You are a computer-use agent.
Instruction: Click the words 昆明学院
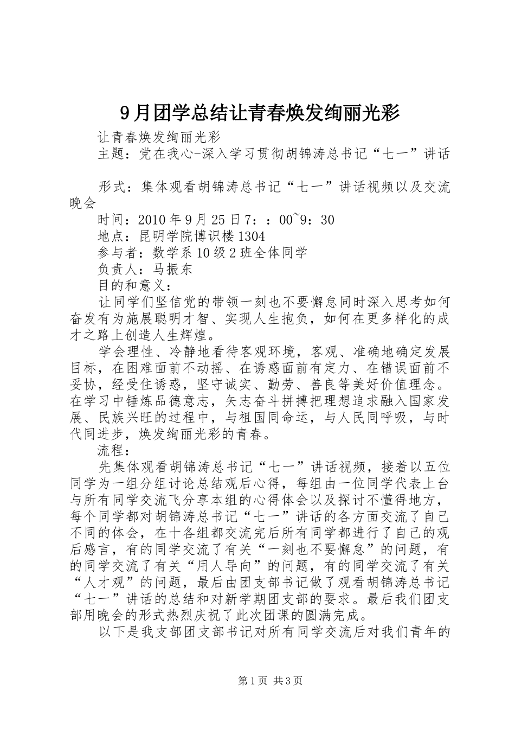(x=166, y=236)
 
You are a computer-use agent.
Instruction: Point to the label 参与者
(x=117, y=253)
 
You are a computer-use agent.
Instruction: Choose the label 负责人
(x=117, y=270)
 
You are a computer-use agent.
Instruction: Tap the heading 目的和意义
(x=131, y=286)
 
